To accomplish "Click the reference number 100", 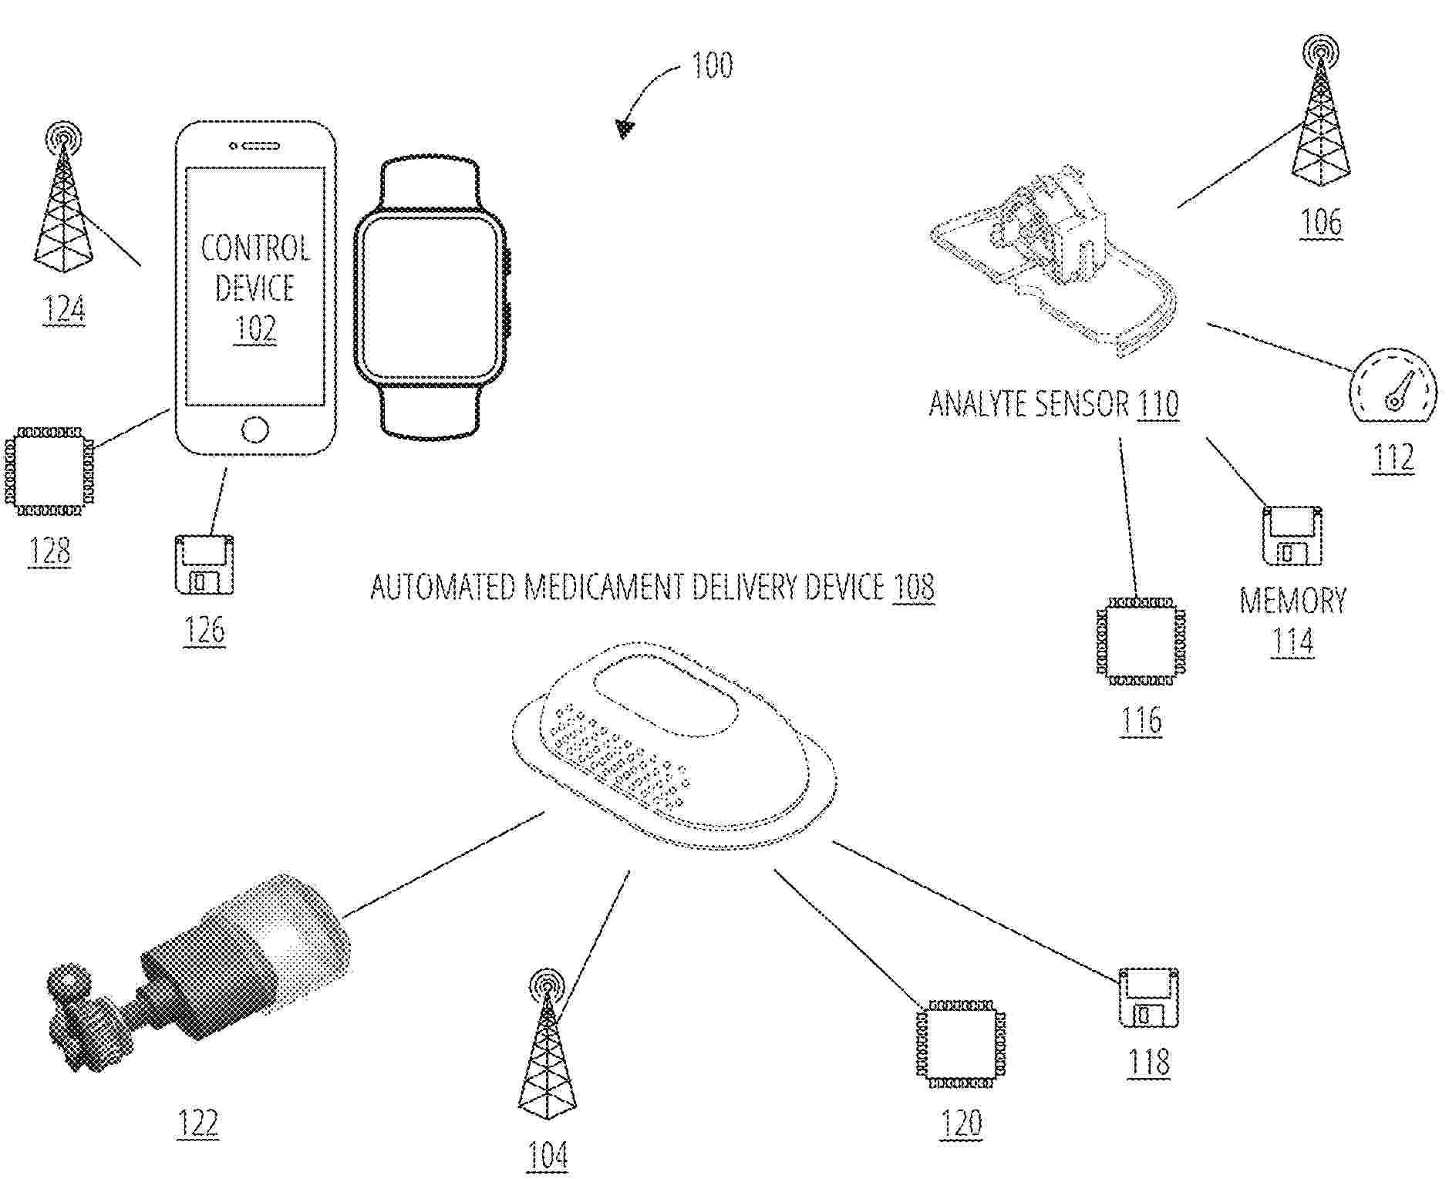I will (712, 66).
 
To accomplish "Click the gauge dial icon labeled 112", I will (1393, 388).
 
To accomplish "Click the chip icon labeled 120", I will (960, 1044).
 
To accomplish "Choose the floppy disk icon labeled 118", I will (1149, 997).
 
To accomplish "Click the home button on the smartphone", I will (255, 429).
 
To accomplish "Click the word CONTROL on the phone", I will (255, 248).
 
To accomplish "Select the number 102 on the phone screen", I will (255, 329).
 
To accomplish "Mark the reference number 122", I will (198, 1122).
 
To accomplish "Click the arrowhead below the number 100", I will (625, 127).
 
